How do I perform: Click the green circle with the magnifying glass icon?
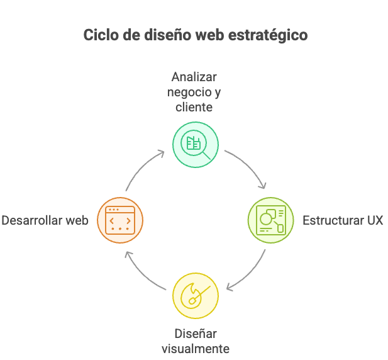click(196, 145)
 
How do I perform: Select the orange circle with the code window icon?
click(121, 220)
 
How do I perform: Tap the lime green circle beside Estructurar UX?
click(271, 220)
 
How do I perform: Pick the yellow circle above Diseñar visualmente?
click(196, 296)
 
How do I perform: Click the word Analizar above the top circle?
click(194, 77)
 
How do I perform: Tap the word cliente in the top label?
click(194, 107)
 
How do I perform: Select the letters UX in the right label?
click(375, 220)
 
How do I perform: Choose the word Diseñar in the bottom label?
click(195, 334)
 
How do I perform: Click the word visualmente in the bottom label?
click(195, 349)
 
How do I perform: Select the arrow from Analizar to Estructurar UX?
click(250, 167)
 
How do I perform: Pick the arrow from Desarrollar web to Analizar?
click(141, 167)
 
